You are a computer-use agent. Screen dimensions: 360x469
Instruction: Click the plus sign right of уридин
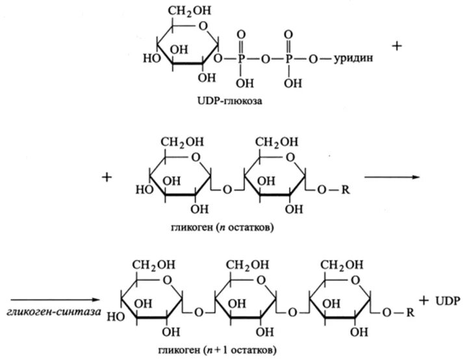click(x=398, y=46)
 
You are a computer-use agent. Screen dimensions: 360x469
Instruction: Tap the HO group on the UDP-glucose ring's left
click(x=149, y=58)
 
